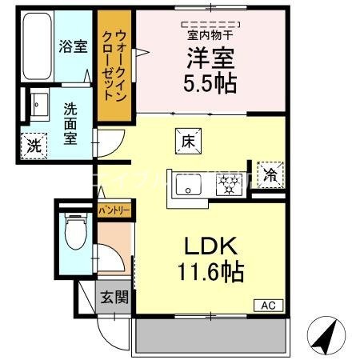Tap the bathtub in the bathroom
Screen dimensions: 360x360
35,47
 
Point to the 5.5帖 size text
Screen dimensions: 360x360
209,82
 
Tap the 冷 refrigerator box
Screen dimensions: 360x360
270,175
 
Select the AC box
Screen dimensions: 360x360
269,304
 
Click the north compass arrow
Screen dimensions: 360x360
326,334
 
